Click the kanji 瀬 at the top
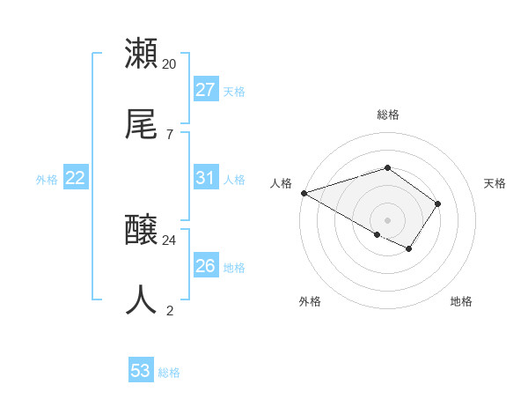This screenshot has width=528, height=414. point(142,54)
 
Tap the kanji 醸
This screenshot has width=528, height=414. point(142,231)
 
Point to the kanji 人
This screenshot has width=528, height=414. point(142,300)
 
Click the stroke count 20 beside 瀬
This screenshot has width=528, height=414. point(170,63)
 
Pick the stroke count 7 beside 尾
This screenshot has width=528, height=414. point(169,134)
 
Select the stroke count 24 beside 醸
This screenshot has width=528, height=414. point(170,240)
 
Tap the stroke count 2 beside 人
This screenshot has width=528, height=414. point(169,310)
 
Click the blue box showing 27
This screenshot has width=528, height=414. point(205,90)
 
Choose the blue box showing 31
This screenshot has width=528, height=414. point(205,178)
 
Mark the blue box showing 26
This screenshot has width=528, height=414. point(205,266)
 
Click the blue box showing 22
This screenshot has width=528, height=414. point(76,178)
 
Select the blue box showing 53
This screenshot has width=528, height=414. point(141,371)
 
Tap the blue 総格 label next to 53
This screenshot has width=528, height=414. point(170,373)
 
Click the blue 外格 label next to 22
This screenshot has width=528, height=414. point(47,180)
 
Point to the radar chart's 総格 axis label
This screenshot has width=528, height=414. point(387,115)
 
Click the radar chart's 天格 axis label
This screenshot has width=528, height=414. point(495,183)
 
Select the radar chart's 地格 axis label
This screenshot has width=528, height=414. point(461,301)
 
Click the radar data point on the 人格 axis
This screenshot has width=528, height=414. point(304,192)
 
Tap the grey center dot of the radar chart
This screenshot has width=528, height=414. point(387,219)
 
